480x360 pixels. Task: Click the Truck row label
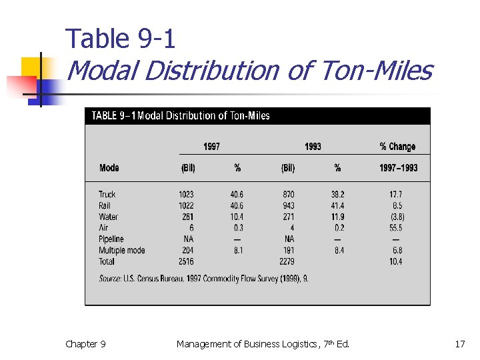(x=107, y=195)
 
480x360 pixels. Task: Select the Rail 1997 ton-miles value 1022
(x=186, y=206)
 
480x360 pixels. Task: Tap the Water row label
(x=108, y=217)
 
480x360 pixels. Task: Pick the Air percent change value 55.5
(x=397, y=228)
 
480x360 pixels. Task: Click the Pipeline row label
(x=111, y=239)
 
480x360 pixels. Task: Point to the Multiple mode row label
(x=122, y=250)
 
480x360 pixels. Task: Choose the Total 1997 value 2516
(x=186, y=261)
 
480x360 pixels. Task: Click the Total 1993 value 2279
(x=287, y=261)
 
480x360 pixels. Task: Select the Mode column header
(x=109, y=168)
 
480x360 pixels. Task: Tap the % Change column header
(x=397, y=147)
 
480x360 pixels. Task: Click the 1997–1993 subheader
(x=398, y=168)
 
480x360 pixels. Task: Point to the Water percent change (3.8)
(x=397, y=217)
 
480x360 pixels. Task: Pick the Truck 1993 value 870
(x=288, y=195)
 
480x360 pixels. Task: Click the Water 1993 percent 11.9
(x=337, y=217)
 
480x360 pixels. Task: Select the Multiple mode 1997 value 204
(x=188, y=250)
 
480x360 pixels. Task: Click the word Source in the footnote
(x=110, y=278)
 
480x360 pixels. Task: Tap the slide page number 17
(x=460, y=344)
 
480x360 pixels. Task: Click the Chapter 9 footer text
(x=85, y=344)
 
